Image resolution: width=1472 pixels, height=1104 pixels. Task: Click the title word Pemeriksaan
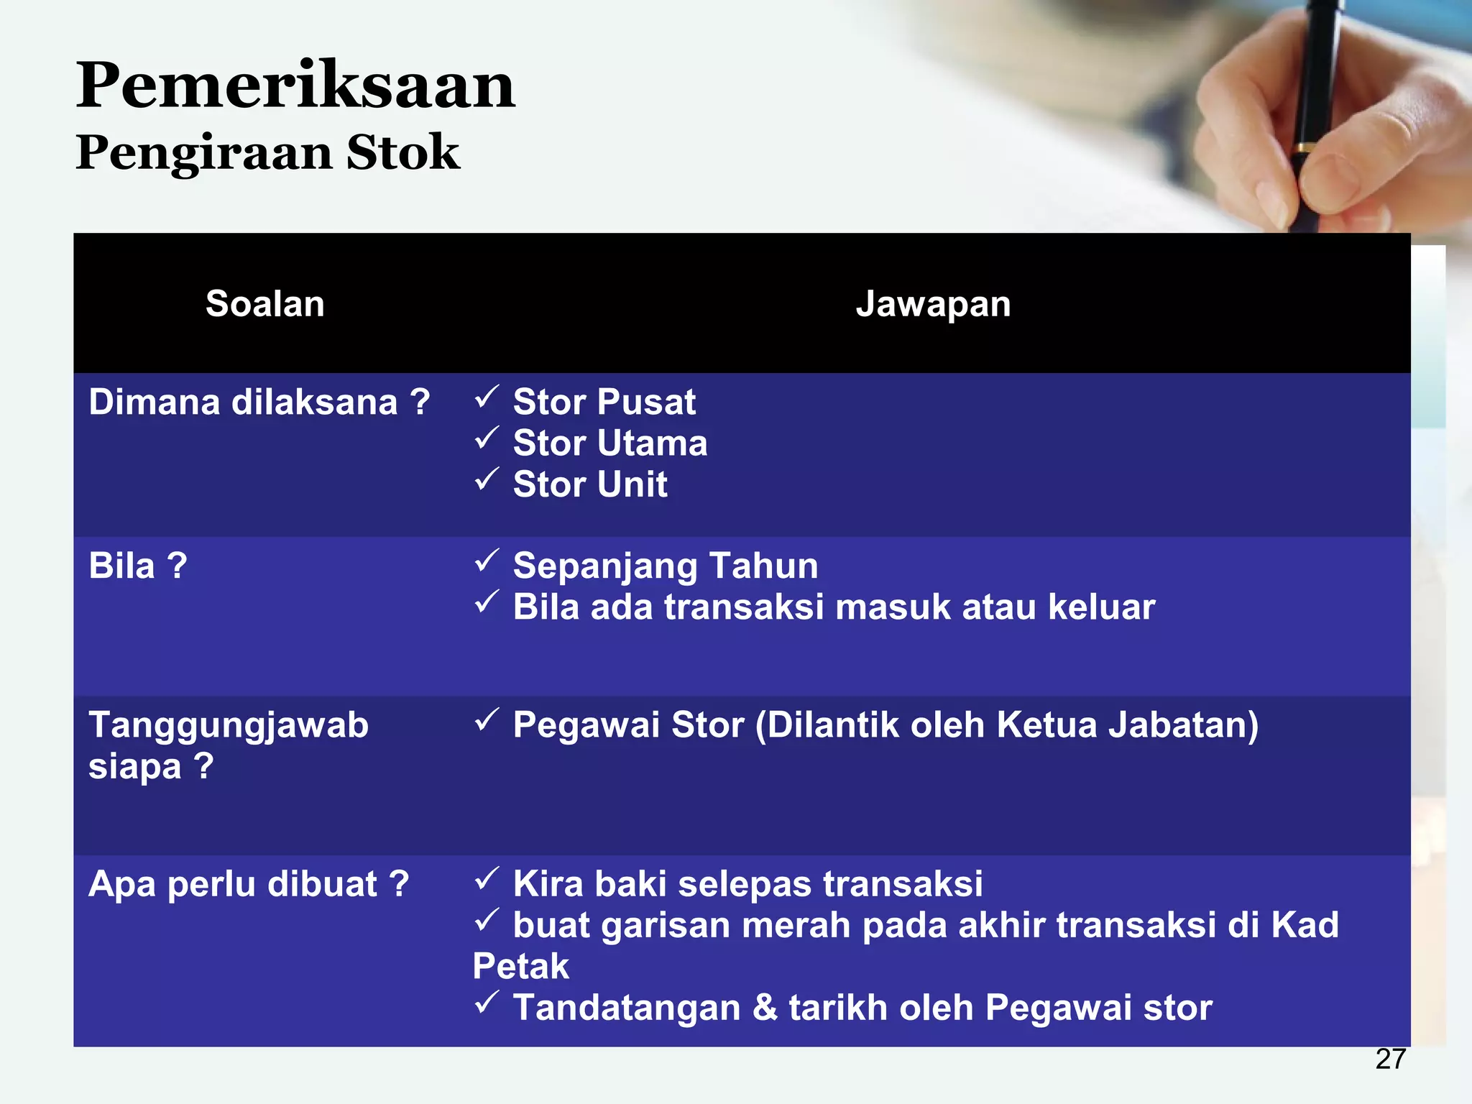pos(295,86)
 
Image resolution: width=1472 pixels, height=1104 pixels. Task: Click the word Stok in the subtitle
pos(402,152)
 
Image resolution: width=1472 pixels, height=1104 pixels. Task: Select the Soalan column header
pos(264,303)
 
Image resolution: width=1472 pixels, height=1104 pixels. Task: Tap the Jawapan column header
pos(933,303)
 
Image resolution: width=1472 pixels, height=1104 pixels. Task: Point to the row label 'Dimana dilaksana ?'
pos(259,402)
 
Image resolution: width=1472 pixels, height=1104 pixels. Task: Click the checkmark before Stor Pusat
pos(487,397)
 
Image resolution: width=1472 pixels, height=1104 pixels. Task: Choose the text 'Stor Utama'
pos(609,443)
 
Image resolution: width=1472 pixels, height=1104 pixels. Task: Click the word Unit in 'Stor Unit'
pos(632,484)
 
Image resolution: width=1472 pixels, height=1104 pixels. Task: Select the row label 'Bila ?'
pos(137,566)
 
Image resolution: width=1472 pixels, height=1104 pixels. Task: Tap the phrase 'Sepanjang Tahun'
pos(665,566)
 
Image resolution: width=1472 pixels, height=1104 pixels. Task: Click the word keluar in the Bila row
pos(1101,607)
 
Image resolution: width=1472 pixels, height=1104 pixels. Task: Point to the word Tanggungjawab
pos(228,724)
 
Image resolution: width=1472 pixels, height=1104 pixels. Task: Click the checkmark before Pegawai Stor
pos(487,719)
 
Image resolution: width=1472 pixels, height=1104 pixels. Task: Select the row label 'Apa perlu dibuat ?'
pos(248,884)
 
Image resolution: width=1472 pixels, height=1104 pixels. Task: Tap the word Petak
pos(520,966)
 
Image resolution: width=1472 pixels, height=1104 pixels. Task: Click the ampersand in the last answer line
pos(765,1008)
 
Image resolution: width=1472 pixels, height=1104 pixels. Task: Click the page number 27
pos(1390,1059)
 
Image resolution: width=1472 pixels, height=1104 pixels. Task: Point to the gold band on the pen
pos(1303,148)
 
